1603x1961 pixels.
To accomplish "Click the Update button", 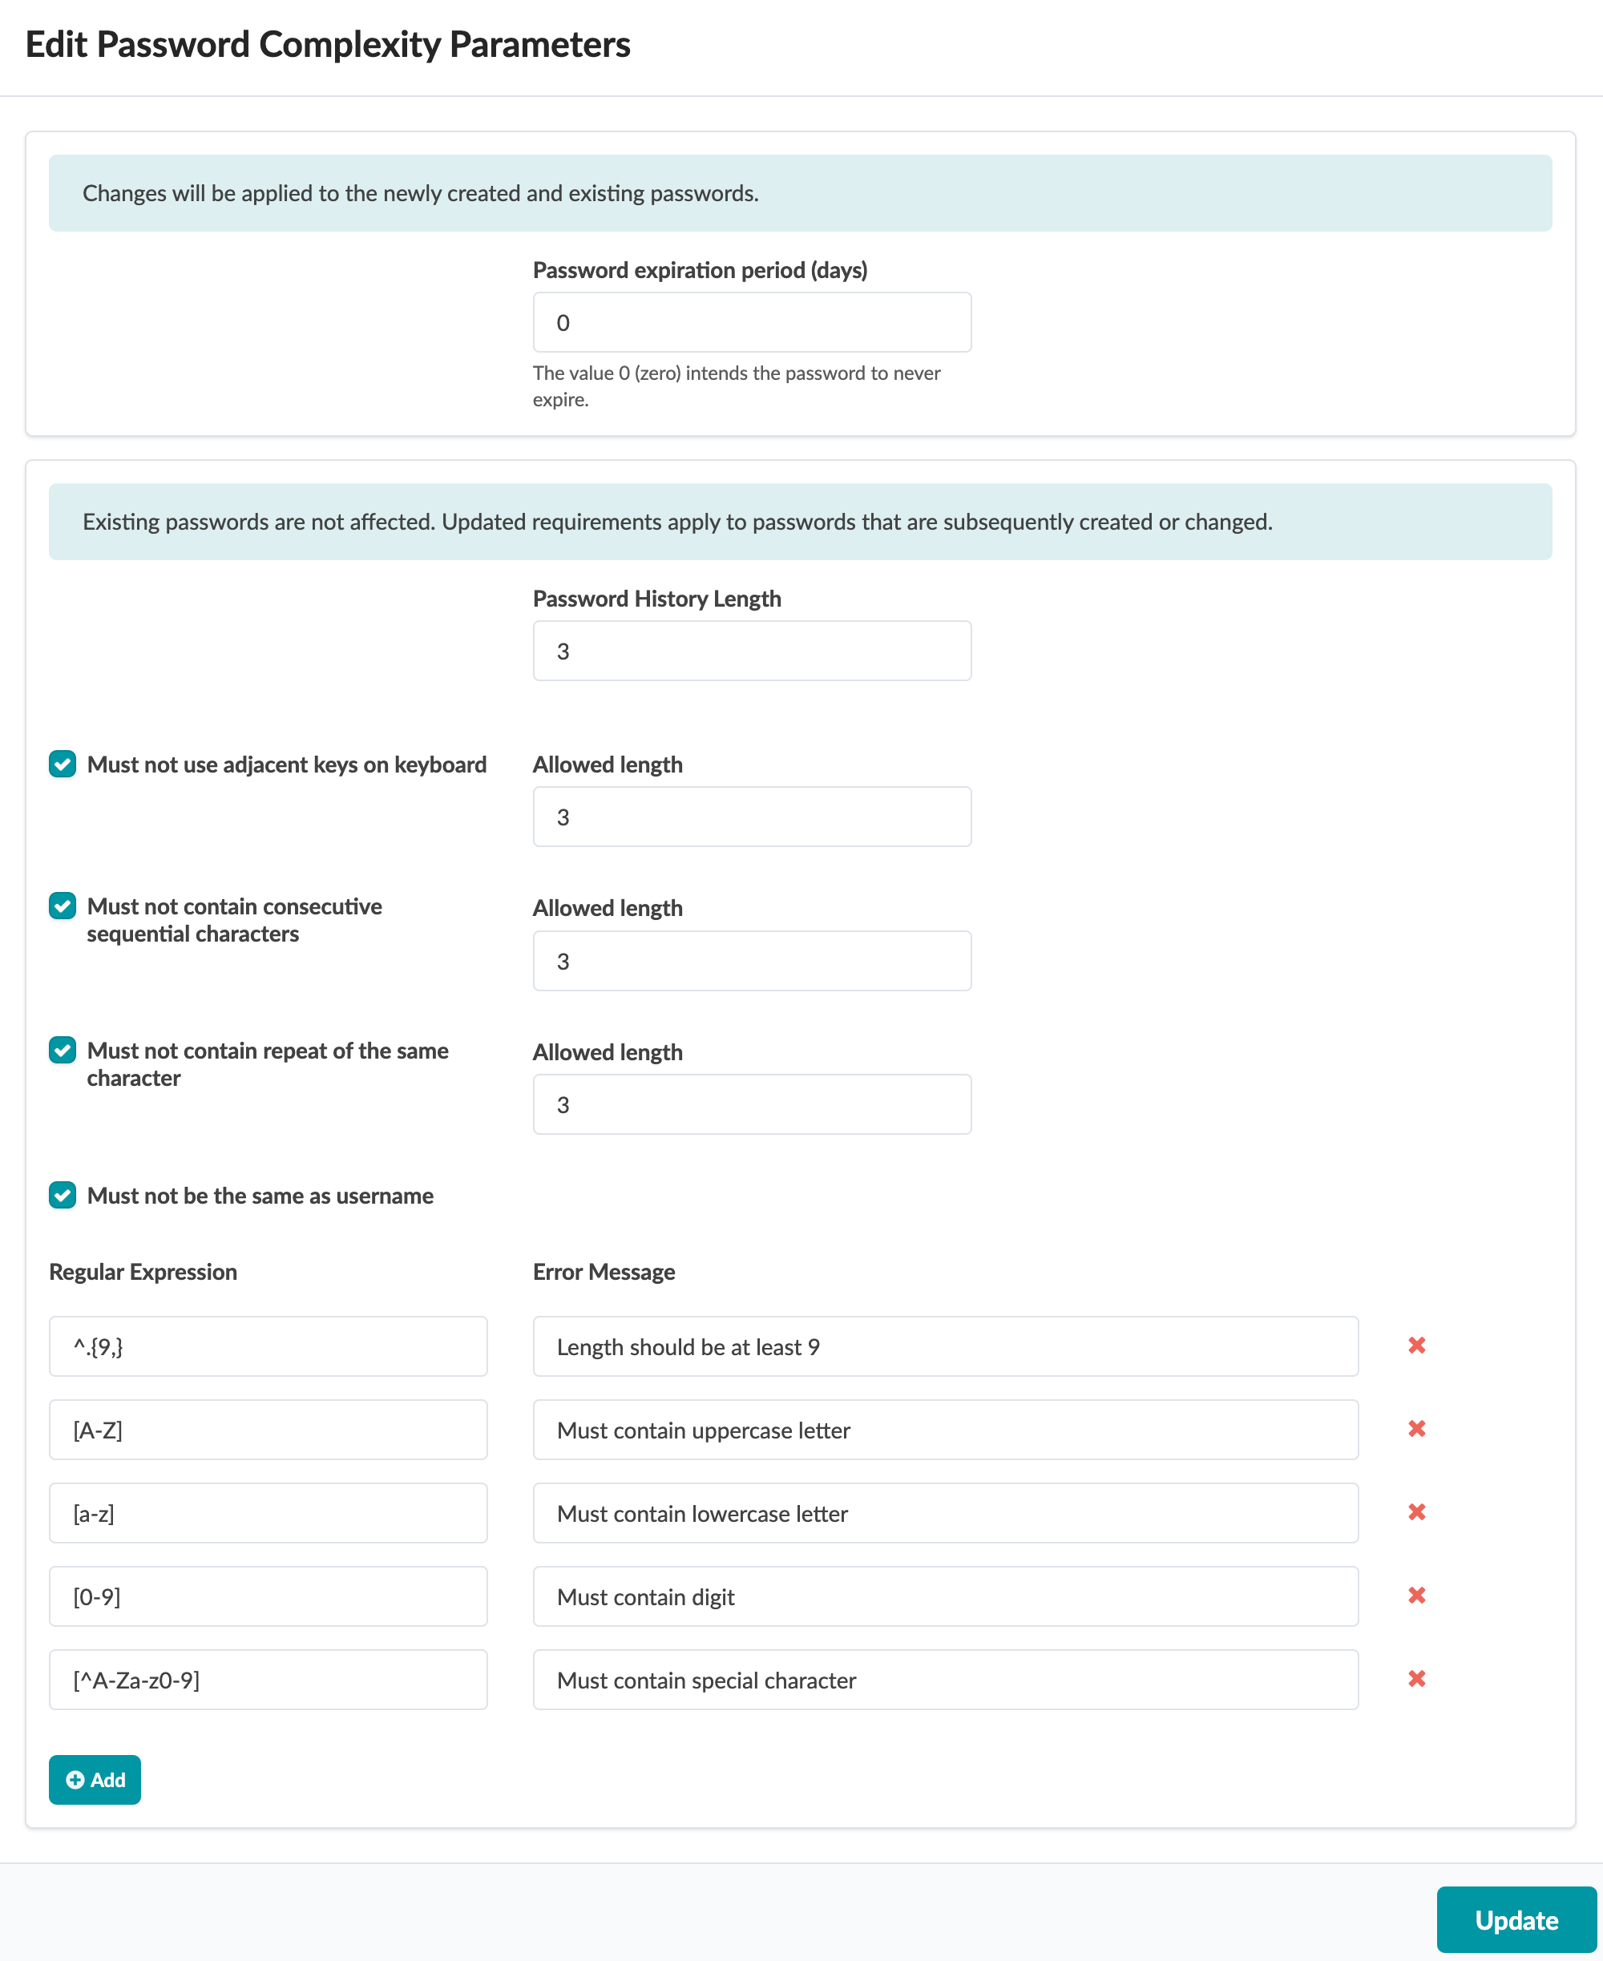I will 1516,1919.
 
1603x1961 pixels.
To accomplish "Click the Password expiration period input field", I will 752,322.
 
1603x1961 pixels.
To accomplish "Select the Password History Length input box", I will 752,651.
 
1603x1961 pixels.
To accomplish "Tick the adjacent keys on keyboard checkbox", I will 63,765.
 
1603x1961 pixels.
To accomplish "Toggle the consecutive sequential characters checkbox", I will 63,906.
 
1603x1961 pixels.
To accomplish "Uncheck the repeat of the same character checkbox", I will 63,1050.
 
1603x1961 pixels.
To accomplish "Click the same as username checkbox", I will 63,1195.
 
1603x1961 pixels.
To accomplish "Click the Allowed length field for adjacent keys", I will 752,817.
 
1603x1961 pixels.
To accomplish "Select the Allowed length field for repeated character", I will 752,1104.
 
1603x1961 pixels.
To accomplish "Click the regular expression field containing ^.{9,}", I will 268,1346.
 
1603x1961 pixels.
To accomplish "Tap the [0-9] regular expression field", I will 268,1596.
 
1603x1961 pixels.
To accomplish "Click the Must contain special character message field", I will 945,1680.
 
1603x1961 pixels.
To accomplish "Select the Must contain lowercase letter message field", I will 945,1513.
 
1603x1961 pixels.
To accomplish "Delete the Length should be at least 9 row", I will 1416,1346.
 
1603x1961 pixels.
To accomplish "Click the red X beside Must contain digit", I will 1416,1596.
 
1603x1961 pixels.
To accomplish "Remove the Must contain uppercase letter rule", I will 1416,1428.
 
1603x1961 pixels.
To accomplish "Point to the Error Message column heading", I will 604,1273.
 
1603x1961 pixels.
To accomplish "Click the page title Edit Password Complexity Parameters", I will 328,44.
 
